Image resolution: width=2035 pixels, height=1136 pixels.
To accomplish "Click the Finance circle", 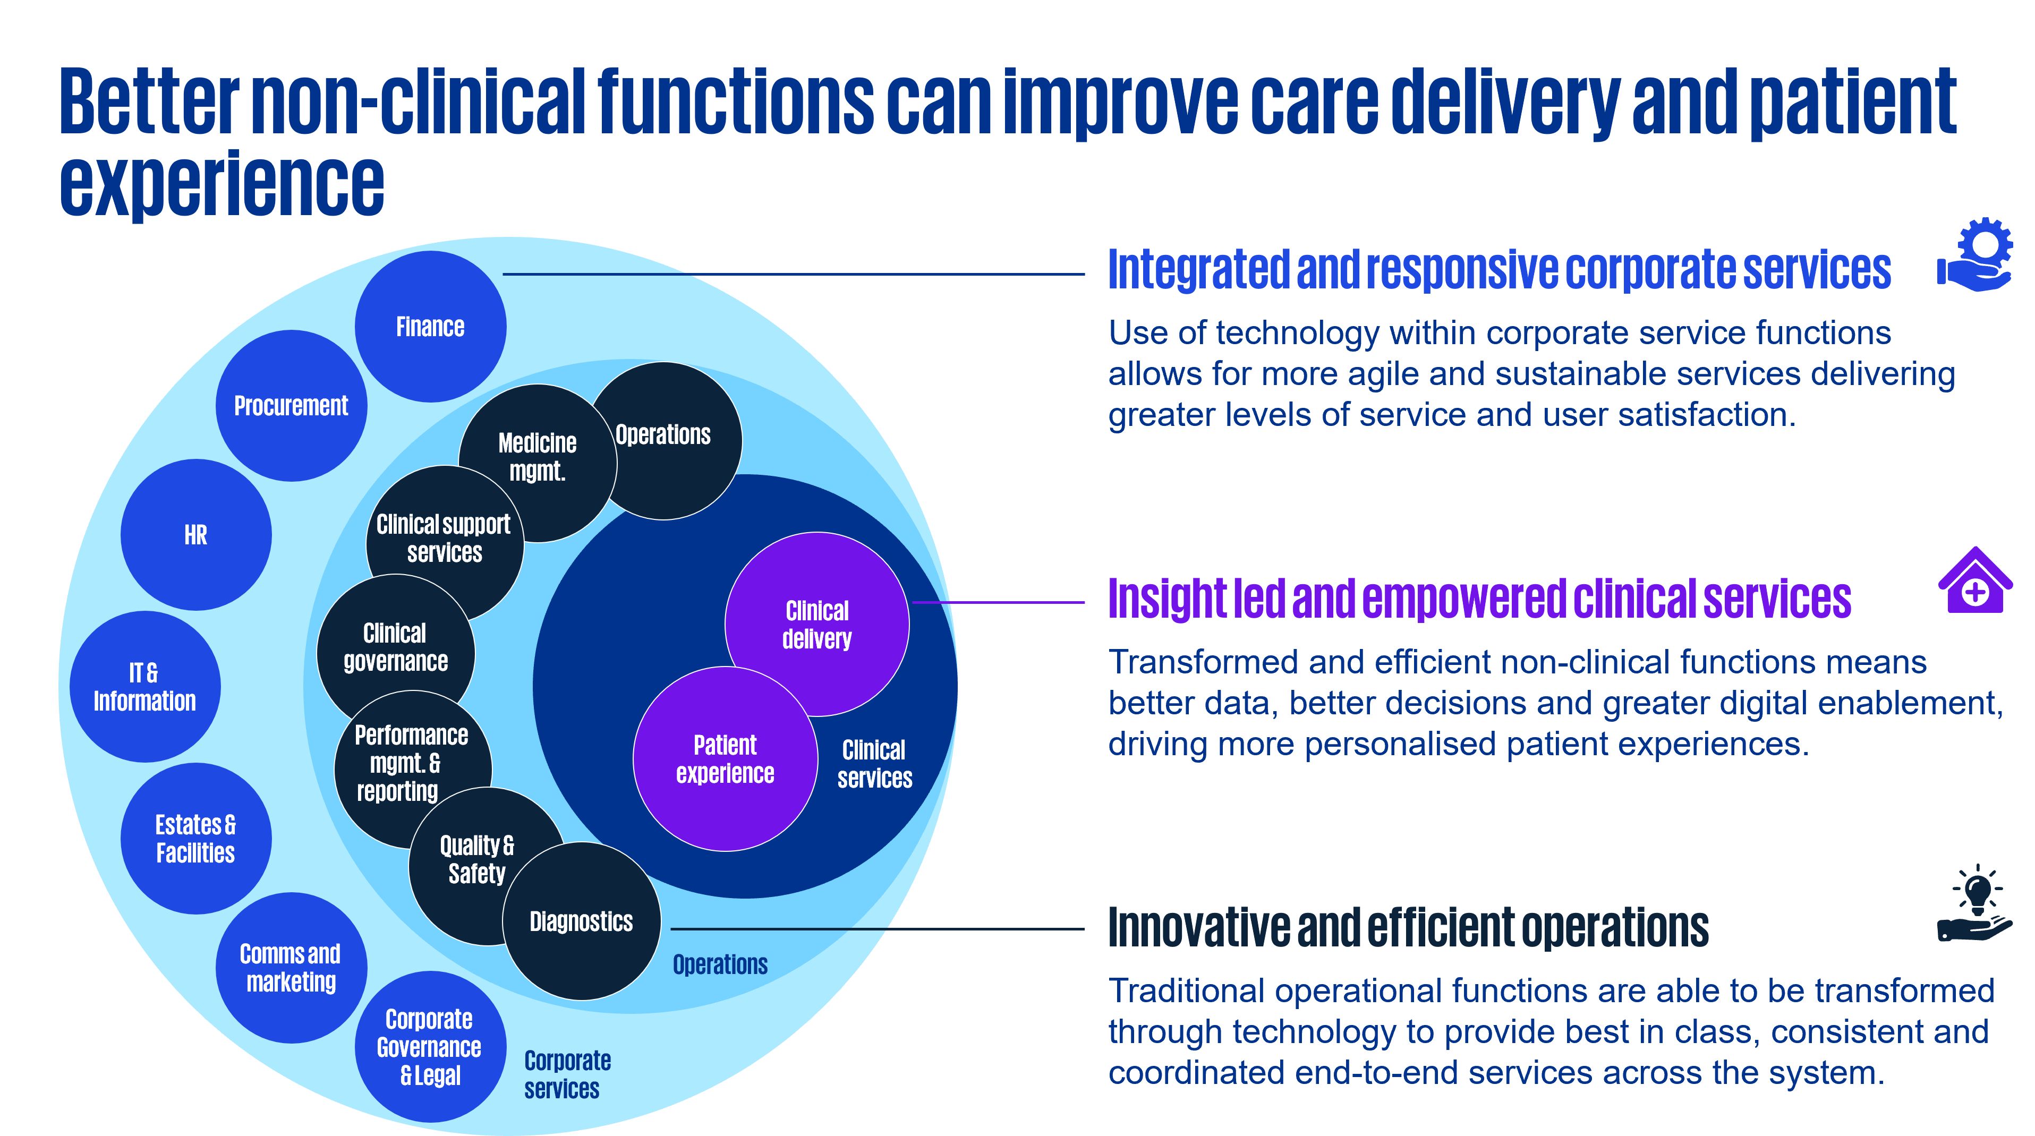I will click(x=431, y=326).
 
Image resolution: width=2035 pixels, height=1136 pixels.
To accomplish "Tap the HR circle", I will click(x=196, y=535).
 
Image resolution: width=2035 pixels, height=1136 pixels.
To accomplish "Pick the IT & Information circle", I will click(x=144, y=687).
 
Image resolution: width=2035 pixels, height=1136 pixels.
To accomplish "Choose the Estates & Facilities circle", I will click(x=196, y=838).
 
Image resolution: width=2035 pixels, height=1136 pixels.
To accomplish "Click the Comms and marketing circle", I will click(x=291, y=968).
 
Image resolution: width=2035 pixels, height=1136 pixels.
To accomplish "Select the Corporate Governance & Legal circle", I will click(x=430, y=1047).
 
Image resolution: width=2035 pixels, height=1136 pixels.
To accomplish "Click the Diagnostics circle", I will click(x=582, y=921).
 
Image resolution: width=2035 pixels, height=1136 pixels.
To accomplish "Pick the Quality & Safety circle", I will click(x=477, y=859).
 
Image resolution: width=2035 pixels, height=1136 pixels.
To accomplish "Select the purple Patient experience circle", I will click(x=725, y=759).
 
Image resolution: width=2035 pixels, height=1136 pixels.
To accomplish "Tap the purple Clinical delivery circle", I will click(x=817, y=624).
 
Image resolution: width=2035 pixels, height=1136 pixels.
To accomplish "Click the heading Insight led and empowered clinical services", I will click(x=1479, y=599).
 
